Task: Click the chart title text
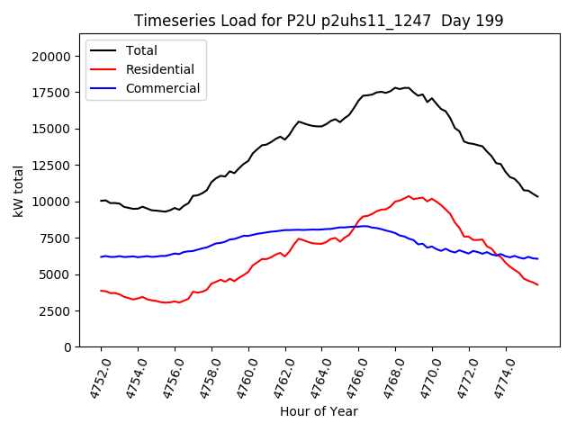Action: [319, 21]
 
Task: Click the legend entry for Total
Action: [142, 50]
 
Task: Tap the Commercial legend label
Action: [163, 88]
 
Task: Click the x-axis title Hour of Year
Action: [319, 411]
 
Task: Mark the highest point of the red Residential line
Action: [409, 195]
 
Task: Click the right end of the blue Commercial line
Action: [537, 259]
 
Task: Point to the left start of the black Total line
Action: [101, 201]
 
